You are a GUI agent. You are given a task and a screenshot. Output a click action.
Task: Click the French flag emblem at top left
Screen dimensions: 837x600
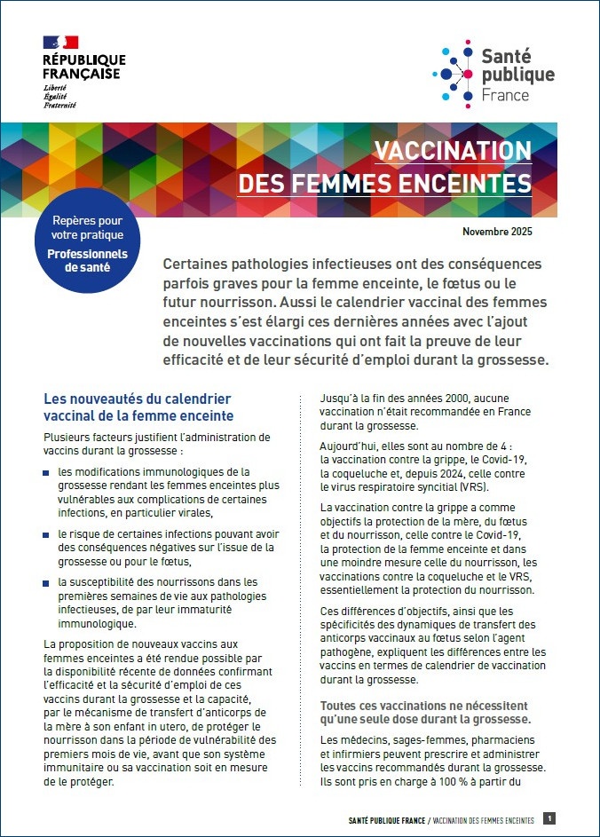pos(60,43)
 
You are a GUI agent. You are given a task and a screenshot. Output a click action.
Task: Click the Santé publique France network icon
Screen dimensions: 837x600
pos(454,71)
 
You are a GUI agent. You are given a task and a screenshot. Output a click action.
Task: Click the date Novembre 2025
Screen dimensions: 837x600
pos(498,232)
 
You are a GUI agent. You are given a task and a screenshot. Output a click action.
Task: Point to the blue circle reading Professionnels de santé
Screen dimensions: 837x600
pos(87,241)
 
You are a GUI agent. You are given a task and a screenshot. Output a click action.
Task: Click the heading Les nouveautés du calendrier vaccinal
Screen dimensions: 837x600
pos(138,407)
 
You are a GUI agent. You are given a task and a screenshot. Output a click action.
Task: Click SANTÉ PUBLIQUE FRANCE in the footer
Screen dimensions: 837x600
pos(385,820)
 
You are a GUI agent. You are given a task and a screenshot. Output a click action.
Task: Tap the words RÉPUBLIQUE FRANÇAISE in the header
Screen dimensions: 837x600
pos(83,67)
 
